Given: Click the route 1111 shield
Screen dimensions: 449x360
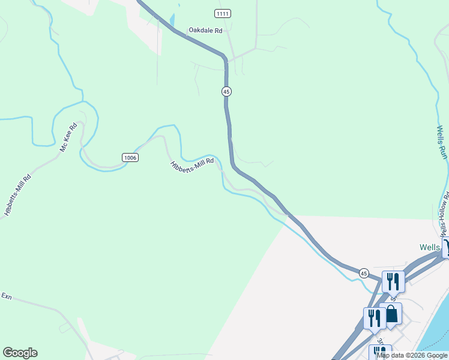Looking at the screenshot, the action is click(x=223, y=13).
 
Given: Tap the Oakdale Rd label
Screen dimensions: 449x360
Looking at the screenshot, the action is click(x=205, y=29).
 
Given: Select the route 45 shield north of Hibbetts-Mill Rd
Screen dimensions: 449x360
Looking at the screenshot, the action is click(x=226, y=91).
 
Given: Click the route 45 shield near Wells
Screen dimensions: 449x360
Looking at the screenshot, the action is click(x=364, y=273).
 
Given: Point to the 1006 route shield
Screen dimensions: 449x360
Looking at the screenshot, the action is click(x=130, y=157).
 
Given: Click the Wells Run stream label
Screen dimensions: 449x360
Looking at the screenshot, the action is click(x=442, y=142).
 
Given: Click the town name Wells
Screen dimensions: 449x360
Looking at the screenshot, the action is click(x=430, y=247).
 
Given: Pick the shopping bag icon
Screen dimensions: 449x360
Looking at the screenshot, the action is click(x=391, y=314).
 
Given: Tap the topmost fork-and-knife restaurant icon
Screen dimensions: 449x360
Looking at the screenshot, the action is click(x=393, y=281).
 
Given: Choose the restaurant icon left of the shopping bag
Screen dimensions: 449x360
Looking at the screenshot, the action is click(x=375, y=317).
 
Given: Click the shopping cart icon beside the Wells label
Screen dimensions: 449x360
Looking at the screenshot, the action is click(x=446, y=247).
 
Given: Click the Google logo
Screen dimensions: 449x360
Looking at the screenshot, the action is click(x=20, y=353).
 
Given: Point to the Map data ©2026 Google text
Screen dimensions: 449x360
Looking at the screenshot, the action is click(x=412, y=355).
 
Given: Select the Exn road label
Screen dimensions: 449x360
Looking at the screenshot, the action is click(x=7, y=296).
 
